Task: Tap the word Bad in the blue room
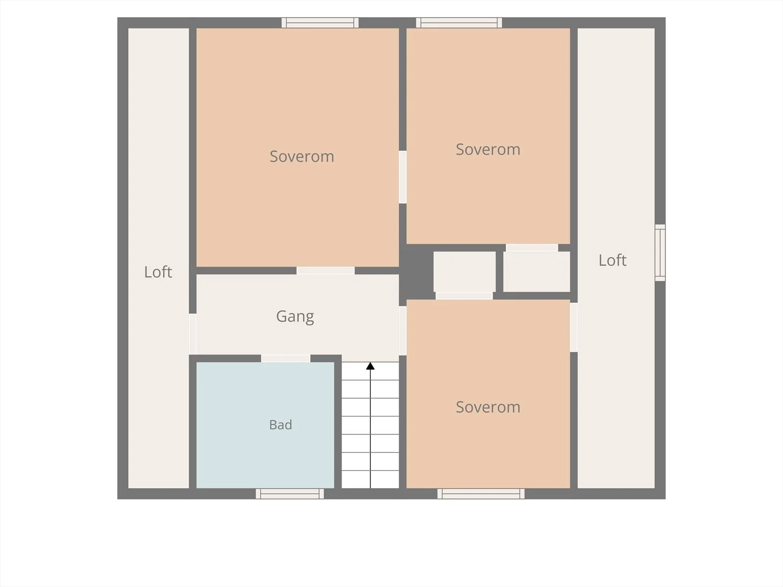(280, 425)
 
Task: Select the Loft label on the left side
(158, 272)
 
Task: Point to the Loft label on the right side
(612, 260)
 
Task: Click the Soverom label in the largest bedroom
(302, 157)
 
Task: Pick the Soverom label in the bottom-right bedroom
(488, 407)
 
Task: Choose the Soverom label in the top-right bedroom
(488, 149)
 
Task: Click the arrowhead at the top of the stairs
(370, 366)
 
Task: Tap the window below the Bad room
(290, 494)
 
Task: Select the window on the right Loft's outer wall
(660, 253)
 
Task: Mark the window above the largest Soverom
(320, 23)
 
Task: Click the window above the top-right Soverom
(459, 23)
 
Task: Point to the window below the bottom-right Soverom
(481, 494)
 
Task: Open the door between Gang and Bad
(285, 359)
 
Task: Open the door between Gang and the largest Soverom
(325, 271)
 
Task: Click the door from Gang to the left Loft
(193, 334)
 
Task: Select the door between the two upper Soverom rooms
(403, 177)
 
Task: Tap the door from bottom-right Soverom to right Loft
(574, 327)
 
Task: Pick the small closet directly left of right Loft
(536, 271)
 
